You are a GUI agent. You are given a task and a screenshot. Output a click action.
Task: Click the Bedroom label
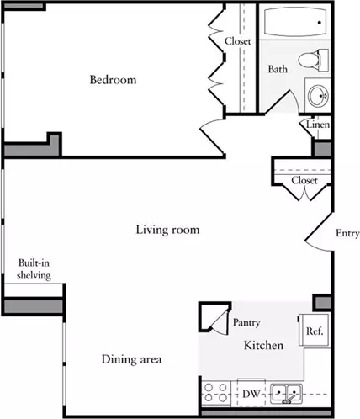(x=113, y=80)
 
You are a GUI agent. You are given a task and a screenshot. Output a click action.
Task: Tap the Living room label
(x=167, y=230)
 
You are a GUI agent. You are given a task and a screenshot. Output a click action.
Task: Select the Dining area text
(x=131, y=359)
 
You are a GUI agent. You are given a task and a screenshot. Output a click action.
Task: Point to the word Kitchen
(x=263, y=345)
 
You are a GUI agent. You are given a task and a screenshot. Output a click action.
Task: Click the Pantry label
(x=246, y=322)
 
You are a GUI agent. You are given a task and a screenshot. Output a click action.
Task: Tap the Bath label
(x=278, y=69)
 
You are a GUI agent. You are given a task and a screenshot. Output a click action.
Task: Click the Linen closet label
(x=318, y=125)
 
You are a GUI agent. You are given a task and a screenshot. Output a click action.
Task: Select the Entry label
(x=347, y=233)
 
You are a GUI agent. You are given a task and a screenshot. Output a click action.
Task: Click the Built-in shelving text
(x=34, y=269)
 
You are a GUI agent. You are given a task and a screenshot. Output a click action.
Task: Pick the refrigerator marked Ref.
(x=314, y=331)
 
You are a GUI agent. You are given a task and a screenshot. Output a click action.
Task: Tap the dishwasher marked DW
(x=251, y=393)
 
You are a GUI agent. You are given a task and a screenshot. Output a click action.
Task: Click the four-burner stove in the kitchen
(x=215, y=393)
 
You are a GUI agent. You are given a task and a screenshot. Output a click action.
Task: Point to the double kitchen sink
(x=286, y=394)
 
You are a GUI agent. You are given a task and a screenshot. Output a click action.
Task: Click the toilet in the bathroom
(x=313, y=60)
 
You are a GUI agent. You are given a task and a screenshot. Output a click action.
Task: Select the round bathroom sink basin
(x=318, y=96)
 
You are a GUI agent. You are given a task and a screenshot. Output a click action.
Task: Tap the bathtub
(x=295, y=22)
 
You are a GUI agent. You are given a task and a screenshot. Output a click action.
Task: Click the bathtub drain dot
(x=320, y=23)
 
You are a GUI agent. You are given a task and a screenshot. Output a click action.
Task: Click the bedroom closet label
(x=237, y=41)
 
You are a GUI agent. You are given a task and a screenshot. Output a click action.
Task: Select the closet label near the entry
(x=304, y=180)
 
